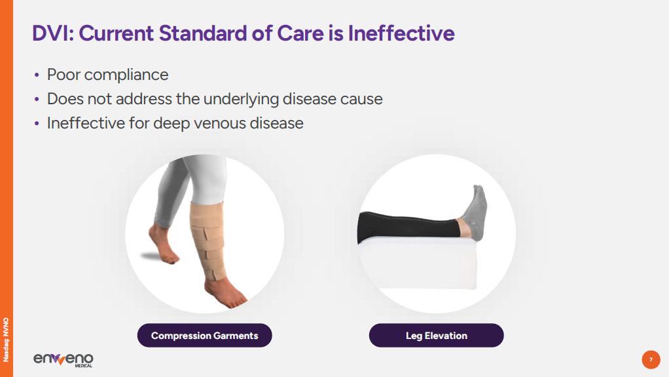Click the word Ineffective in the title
pyautogui.click(x=401, y=33)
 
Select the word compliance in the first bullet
pyautogui.click(x=126, y=75)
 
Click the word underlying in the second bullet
pyautogui.click(x=241, y=99)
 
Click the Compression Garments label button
pyautogui.click(x=204, y=336)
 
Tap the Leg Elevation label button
pyautogui.click(x=436, y=336)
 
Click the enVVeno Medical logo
pyautogui.click(x=63, y=359)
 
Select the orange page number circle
pyautogui.click(x=651, y=359)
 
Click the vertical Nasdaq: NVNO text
pyautogui.click(x=6, y=340)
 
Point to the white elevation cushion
pyautogui.click(x=418, y=263)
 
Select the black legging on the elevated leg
pyautogui.click(x=408, y=225)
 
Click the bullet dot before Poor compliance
pyautogui.click(x=37, y=75)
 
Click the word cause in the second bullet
pyautogui.click(x=361, y=99)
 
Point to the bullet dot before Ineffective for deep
pyautogui.click(x=37, y=124)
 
